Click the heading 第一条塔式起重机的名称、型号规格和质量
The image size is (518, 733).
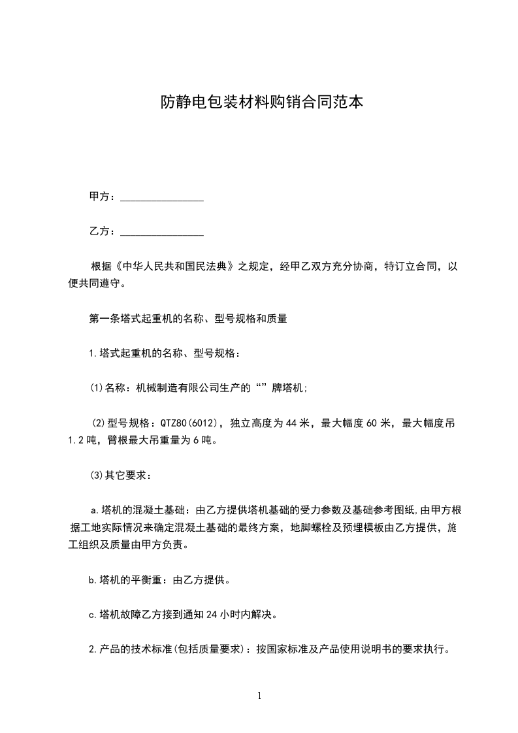188,319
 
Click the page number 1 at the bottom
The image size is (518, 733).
259,696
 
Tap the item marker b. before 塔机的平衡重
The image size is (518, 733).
93,579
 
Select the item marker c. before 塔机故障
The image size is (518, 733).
93,614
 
